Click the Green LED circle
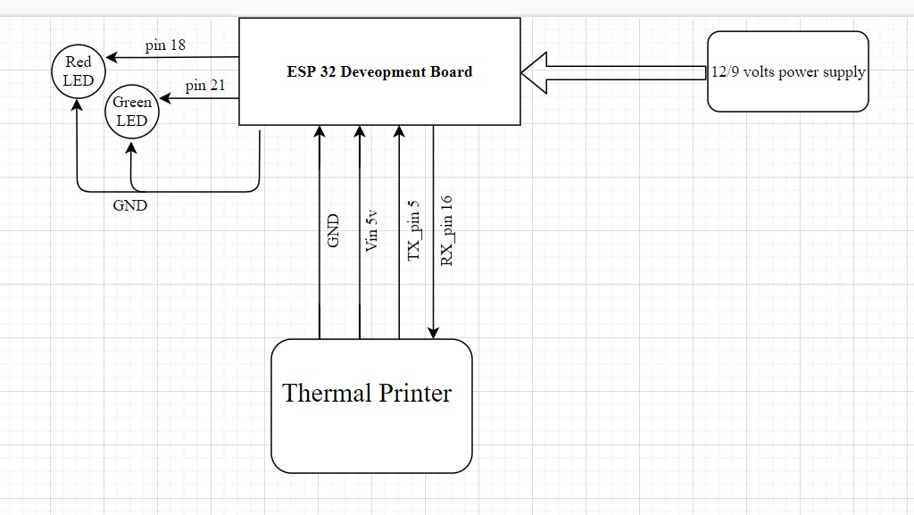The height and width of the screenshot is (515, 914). [132, 112]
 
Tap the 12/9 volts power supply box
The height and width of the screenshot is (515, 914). [787, 71]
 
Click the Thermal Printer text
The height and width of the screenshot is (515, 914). [367, 393]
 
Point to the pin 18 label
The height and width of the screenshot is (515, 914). [165, 46]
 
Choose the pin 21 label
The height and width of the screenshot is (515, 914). [205, 86]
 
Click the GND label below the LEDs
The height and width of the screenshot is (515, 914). [130, 205]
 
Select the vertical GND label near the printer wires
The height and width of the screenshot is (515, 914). [334, 230]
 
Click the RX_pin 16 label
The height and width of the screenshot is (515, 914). [447, 230]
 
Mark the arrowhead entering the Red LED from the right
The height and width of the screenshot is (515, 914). [112, 58]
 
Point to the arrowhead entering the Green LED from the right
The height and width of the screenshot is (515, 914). [164, 98]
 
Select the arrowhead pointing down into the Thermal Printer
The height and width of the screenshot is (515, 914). [434, 333]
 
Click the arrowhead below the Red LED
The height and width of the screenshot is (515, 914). [78, 104]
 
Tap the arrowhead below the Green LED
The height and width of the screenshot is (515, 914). [132, 145]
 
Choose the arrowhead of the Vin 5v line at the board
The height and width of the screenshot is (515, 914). [360, 131]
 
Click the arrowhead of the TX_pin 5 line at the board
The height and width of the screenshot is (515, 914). [400, 131]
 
